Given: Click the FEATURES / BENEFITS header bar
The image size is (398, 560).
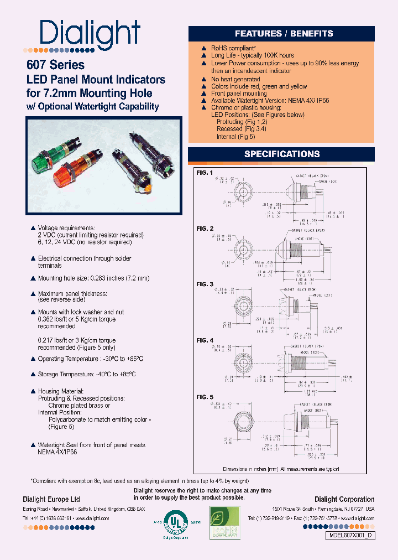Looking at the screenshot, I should click(x=284, y=34).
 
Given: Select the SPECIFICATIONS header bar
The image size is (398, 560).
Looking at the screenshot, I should click(x=282, y=154).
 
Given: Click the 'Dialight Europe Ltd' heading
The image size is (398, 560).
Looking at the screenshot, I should click(x=51, y=499).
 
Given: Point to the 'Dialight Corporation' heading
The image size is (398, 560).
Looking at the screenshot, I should click(x=344, y=499).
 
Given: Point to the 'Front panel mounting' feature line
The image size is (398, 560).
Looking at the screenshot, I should click(x=239, y=94).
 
